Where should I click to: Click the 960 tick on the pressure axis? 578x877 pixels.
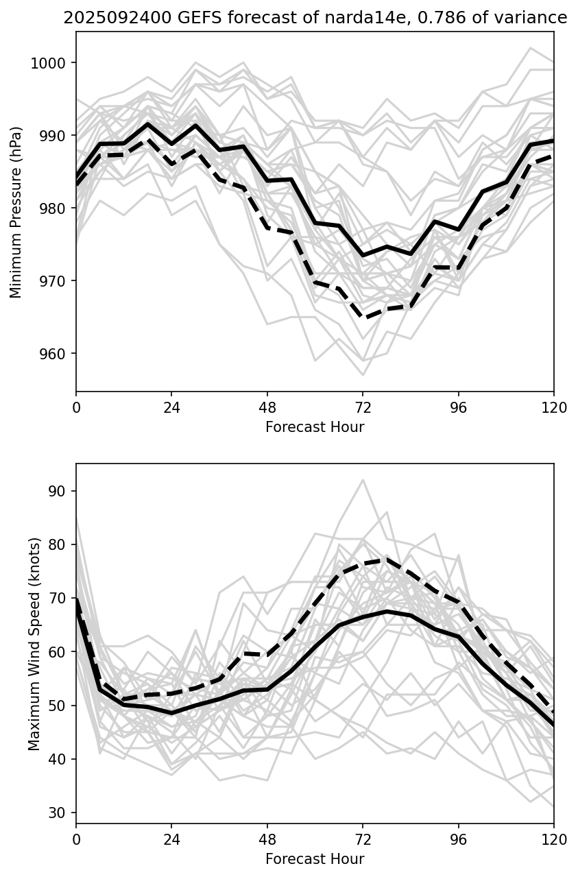(57, 354)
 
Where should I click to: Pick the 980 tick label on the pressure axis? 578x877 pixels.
(57, 208)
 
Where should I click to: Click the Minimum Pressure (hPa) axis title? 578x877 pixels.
(16, 212)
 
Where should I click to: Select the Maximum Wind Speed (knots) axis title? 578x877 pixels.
(34, 643)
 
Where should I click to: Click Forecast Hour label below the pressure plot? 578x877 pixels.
(315, 427)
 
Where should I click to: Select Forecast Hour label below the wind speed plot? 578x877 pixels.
(315, 859)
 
